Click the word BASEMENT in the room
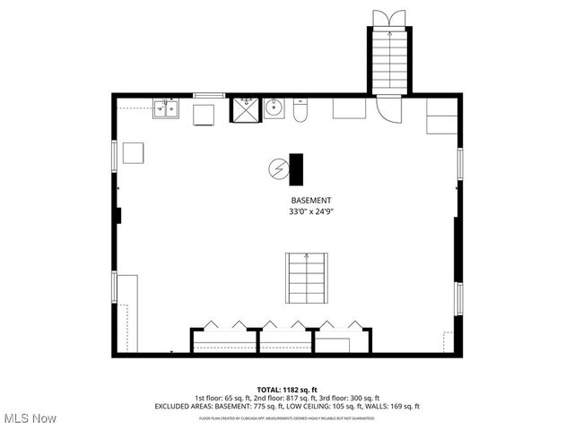point(311,200)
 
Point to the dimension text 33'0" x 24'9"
point(311,212)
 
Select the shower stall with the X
point(245,109)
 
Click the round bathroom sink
point(275,109)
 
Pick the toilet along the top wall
point(300,110)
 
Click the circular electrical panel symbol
point(280,168)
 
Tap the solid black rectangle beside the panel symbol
point(296,168)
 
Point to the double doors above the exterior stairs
point(389,18)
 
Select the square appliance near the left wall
point(135,153)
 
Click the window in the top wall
point(210,94)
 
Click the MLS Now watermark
point(30,418)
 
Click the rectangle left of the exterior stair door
point(349,107)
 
